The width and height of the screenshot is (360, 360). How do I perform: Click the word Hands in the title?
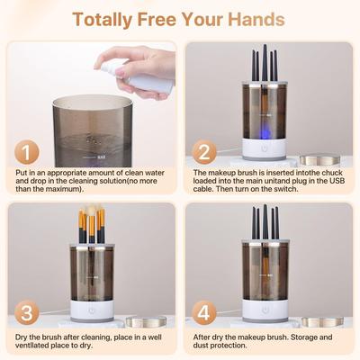pos(256,18)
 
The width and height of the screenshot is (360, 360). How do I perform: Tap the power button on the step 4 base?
pos(265,307)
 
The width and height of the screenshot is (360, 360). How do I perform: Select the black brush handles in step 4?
pos(265,221)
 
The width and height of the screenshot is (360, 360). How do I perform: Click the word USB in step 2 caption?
pos(335,181)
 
